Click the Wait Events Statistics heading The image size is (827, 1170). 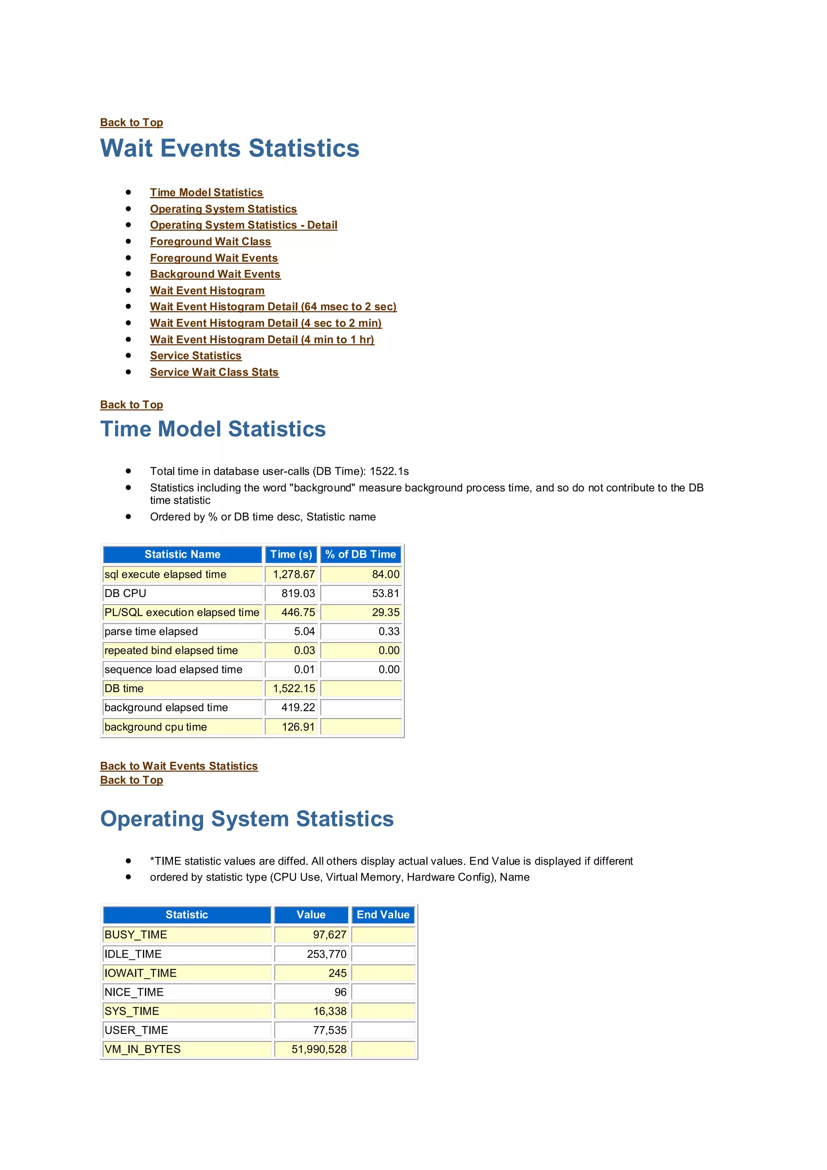pos(230,148)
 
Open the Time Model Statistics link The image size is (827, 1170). pos(206,193)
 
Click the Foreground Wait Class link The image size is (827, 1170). pos(210,242)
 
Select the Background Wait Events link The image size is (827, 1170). pos(215,274)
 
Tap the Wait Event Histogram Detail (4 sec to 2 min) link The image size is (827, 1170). pos(265,323)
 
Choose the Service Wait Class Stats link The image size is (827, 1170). pos(214,372)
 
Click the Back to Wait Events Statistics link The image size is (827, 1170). pos(179,766)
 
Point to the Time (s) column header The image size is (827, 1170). pos(291,554)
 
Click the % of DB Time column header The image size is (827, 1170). pos(361,554)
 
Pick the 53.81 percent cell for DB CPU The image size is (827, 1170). pos(386,593)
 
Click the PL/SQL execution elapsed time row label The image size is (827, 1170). pos(182,612)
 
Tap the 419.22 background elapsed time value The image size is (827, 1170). pos(298,707)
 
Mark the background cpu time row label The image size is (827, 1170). pos(156,727)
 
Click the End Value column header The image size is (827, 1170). pos(383,915)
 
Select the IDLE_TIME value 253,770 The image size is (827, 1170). pos(326,954)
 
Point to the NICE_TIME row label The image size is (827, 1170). pos(134,992)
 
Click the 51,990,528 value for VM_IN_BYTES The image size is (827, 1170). pos(319,1049)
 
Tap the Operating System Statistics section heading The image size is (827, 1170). pos(247,819)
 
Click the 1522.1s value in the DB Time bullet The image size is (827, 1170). pos(389,471)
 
